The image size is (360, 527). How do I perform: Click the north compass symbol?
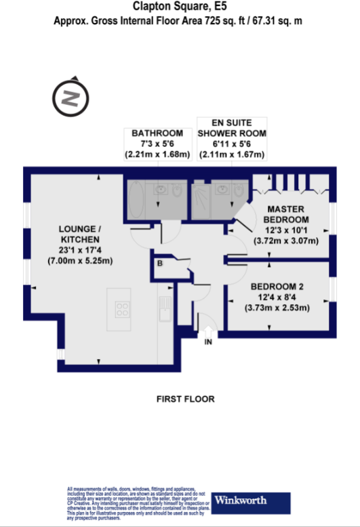click(69, 99)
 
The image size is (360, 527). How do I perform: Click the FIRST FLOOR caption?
click(185, 399)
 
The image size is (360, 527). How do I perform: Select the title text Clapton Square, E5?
click(180, 7)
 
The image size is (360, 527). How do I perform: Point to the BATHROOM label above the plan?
click(157, 133)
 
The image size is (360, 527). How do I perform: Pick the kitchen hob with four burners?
click(123, 310)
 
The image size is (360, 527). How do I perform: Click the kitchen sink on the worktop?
click(163, 312)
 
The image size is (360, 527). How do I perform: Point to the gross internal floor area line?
click(180, 21)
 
